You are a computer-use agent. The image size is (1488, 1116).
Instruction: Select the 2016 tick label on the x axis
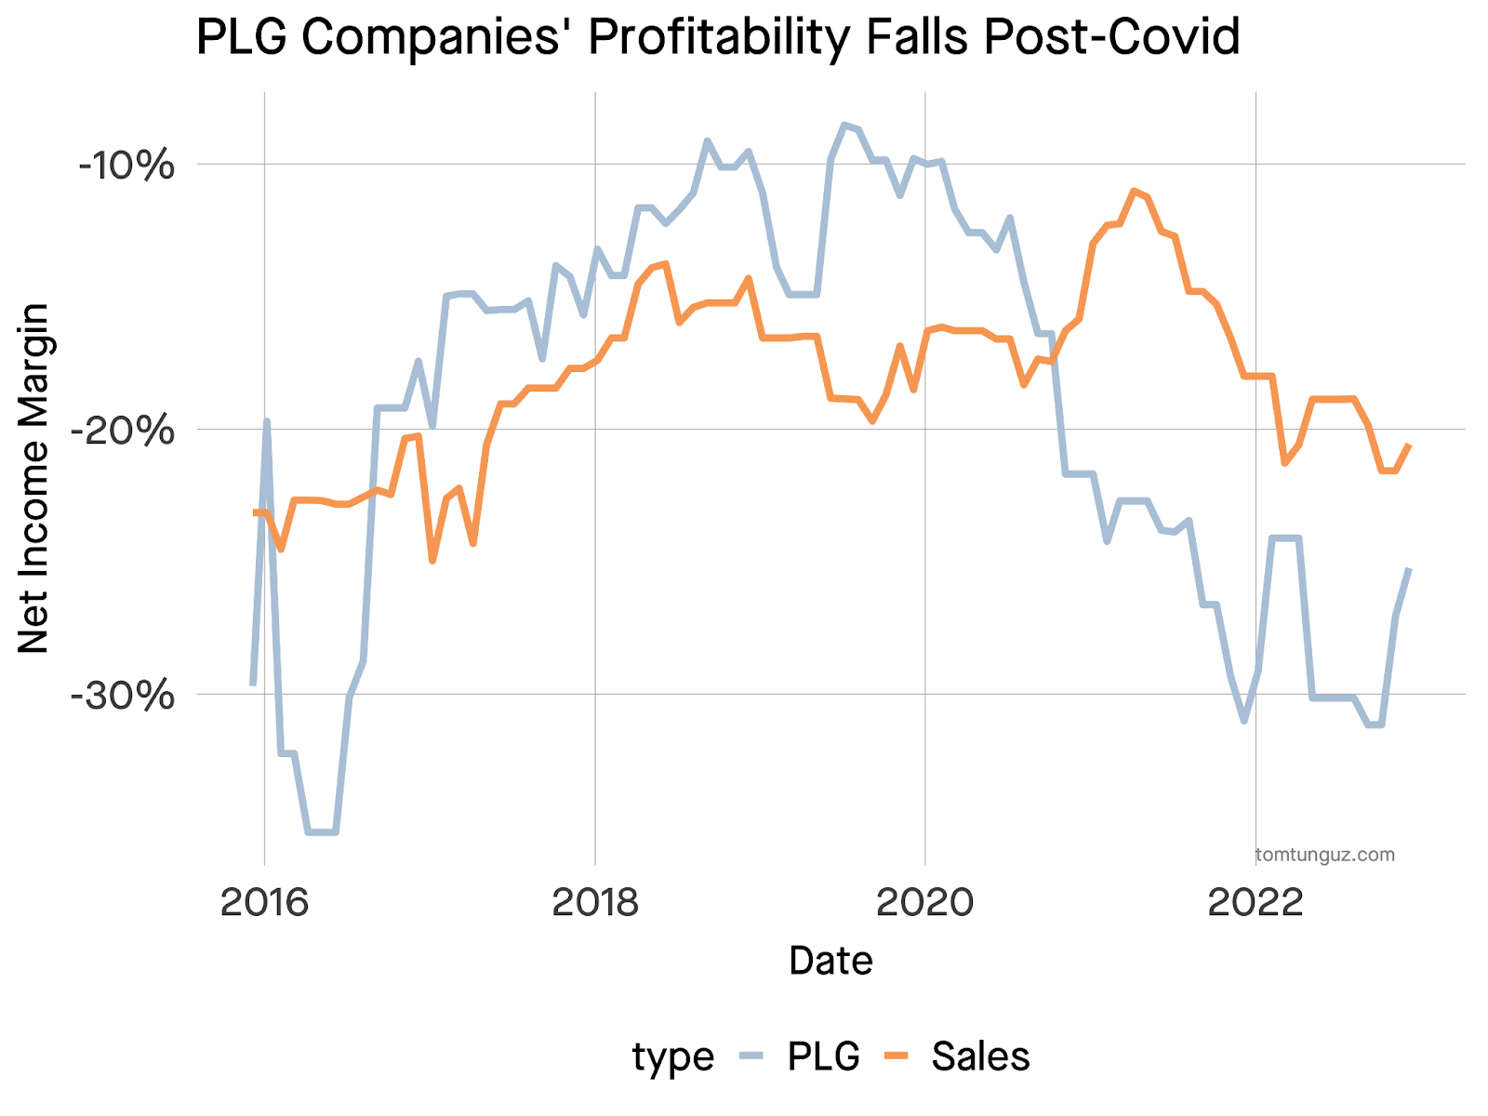pyautogui.click(x=264, y=902)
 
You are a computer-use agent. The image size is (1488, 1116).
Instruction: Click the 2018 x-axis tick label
pyautogui.click(x=595, y=902)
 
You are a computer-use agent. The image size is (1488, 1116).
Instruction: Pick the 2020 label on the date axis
pyautogui.click(x=925, y=902)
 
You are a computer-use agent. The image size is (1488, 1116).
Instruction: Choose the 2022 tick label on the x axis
pyautogui.click(x=1255, y=902)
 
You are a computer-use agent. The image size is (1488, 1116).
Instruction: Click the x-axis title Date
pyautogui.click(x=830, y=961)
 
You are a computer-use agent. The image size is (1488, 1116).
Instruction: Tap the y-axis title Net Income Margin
pyautogui.click(x=34, y=478)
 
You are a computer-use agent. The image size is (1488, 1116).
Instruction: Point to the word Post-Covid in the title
pyautogui.click(x=1111, y=38)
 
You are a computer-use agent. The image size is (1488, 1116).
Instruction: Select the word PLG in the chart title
pyautogui.click(x=242, y=38)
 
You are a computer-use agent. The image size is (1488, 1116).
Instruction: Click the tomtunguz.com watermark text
pyautogui.click(x=1324, y=855)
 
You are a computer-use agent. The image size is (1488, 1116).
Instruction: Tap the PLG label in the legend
pyautogui.click(x=823, y=1056)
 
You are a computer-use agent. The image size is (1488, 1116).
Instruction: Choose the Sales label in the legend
pyautogui.click(x=980, y=1056)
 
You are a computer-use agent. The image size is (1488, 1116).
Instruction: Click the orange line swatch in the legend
pyautogui.click(x=896, y=1055)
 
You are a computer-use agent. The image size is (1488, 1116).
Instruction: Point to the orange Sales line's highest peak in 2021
pyautogui.click(x=1135, y=191)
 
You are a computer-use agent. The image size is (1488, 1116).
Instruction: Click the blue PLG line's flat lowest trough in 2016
pyautogui.click(x=321, y=831)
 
